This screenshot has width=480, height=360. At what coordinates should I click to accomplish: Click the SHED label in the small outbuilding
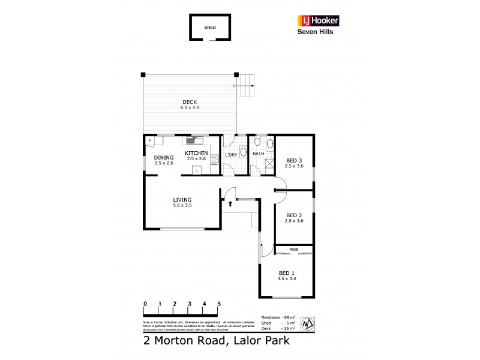coord(210,28)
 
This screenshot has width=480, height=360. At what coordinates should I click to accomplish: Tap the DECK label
coord(189,101)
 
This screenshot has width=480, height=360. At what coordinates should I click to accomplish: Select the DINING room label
coord(163,157)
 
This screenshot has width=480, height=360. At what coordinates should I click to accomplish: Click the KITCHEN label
coord(196,153)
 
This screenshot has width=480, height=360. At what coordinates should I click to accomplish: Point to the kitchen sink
coord(192,141)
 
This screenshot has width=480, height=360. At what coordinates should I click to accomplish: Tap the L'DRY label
coord(231,155)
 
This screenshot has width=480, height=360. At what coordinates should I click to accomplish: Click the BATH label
coord(258,154)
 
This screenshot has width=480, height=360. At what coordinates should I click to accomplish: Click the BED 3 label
coord(294,160)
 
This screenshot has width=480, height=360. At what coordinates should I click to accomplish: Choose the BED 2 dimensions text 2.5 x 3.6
coord(294,221)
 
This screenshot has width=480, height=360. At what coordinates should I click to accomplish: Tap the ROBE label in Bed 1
coord(293,248)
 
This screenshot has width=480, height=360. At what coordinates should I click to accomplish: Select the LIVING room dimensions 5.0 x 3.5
coord(182,205)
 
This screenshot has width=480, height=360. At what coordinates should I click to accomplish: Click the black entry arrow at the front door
coord(230,204)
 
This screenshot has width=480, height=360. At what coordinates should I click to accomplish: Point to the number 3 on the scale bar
coord(190,304)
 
